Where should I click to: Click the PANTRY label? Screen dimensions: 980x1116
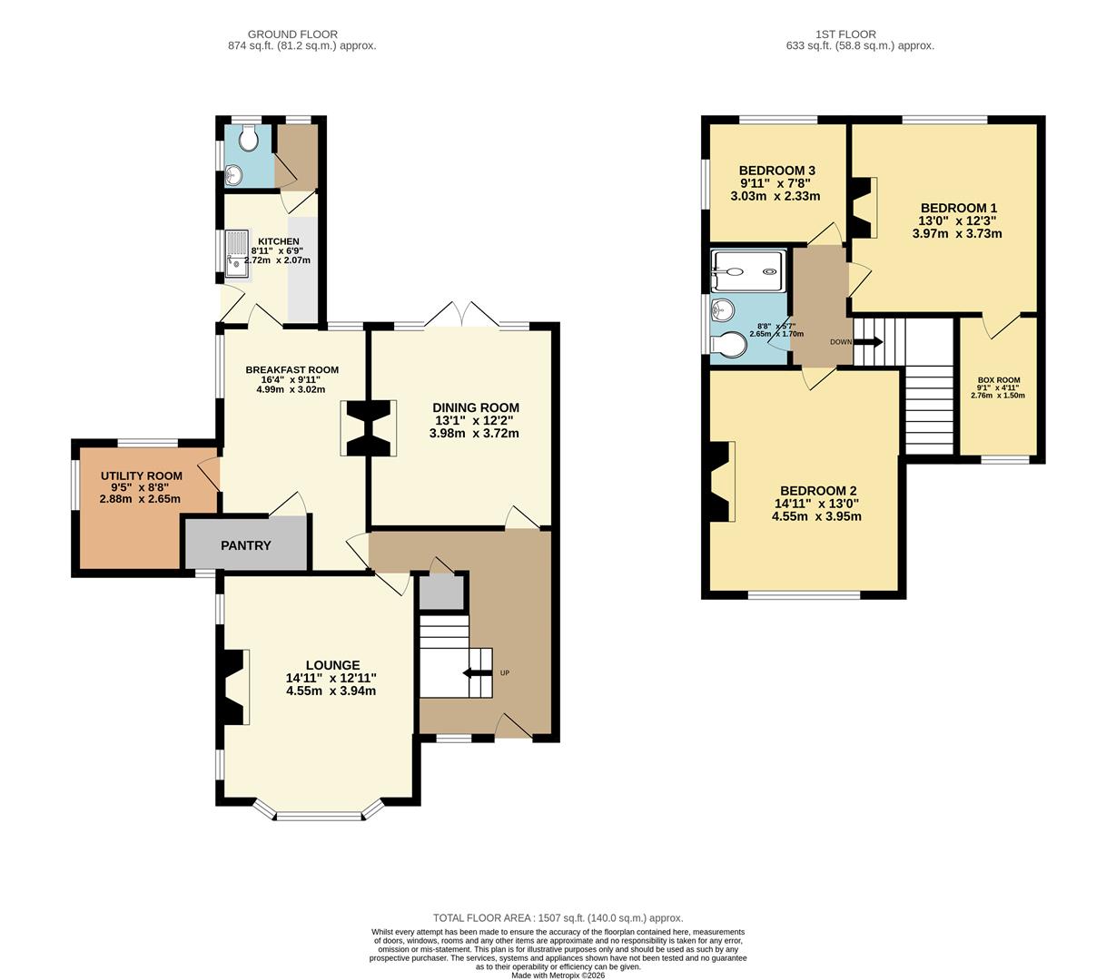[245, 545]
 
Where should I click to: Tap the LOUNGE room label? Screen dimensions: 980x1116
[332, 665]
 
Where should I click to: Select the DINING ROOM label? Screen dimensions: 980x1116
[475, 407]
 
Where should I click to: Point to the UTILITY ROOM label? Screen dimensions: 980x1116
[141, 475]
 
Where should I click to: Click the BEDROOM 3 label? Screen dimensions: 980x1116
[776, 171]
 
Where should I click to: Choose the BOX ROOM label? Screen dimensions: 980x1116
[998, 380]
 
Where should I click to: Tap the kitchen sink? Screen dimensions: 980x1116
[238, 255]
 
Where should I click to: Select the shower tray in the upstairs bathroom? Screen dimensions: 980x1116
[747, 263]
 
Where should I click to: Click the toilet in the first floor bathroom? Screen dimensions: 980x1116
[732, 346]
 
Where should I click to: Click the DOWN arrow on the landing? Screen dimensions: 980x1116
[867, 342]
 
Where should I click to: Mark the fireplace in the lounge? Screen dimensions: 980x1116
[232, 687]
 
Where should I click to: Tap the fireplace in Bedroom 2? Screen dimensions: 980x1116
[721, 482]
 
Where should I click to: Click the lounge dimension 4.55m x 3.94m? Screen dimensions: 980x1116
[331, 691]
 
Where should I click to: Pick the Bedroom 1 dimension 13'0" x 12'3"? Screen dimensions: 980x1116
[957, 220]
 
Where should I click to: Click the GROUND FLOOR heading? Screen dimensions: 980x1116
[301, 34]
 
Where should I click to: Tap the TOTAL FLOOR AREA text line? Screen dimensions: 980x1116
[558, 917]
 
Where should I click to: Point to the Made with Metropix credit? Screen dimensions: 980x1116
[558, 975]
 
